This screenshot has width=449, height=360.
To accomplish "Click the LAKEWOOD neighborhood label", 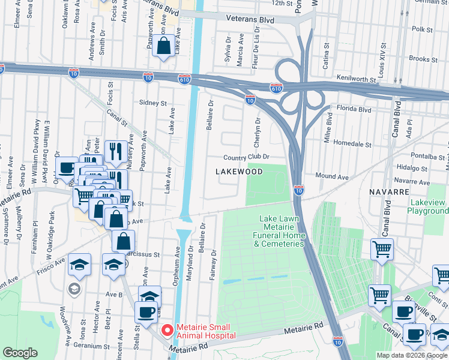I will click(x=239, y=172).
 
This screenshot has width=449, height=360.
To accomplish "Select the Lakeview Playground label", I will click(x=427, y=207).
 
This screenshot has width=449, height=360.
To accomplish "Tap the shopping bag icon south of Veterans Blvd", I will click(x=163, y=46).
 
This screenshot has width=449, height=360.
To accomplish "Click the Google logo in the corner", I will click(x=20, y=353).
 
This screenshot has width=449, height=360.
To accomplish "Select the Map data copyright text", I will click(x=412, y=355).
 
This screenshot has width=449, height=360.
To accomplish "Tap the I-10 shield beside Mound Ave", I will click(x=299, y=190).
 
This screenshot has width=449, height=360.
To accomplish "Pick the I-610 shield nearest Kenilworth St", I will click(x=276, y=88).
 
